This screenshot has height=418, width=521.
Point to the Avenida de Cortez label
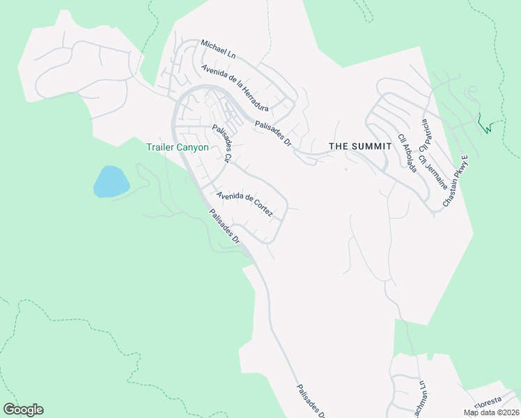(244, 203)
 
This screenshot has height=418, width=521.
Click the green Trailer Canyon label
(178, 147)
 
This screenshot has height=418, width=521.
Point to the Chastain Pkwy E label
(457, 183)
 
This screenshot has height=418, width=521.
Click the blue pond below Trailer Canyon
(111, 182)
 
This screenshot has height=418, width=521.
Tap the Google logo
(23, 410)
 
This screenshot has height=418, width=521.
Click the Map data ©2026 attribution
(491, 412)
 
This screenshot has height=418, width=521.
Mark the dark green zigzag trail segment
(486, 126)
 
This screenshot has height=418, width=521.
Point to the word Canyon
(192, 147)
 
